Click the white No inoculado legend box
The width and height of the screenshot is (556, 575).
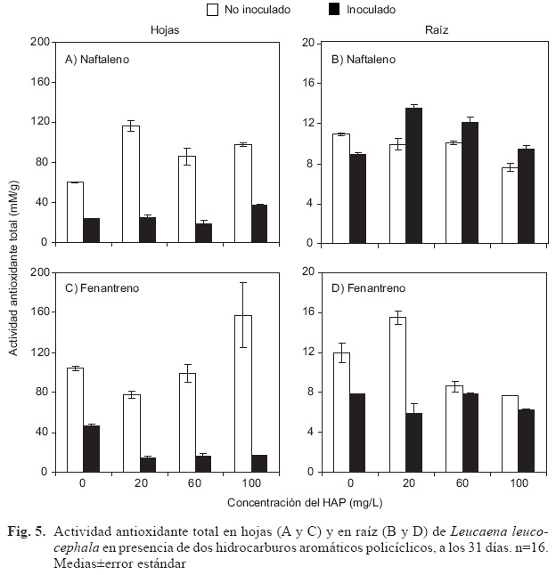point(213,10)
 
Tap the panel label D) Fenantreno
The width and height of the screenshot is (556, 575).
point(368,288)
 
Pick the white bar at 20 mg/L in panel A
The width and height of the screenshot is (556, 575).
point(131,184)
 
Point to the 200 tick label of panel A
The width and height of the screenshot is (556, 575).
point(40,42)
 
